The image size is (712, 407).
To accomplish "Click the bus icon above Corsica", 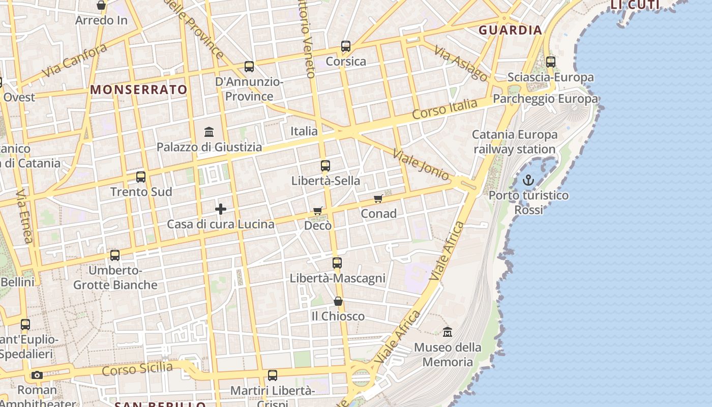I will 346,46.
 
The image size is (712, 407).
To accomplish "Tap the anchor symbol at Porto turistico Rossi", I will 528,180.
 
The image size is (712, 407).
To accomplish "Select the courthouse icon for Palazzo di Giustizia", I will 209,132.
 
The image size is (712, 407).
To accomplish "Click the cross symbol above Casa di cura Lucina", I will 221,209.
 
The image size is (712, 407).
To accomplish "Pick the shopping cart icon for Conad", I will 378,199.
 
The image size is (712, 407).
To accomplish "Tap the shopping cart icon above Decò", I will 318,211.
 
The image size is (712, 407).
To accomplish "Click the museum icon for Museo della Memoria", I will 448,332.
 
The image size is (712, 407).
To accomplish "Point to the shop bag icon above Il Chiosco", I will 338,302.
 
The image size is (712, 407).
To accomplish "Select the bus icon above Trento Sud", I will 141,177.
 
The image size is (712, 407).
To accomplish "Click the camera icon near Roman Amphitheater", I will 37,375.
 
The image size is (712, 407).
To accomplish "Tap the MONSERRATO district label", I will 139,90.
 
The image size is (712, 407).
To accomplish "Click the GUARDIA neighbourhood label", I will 510,30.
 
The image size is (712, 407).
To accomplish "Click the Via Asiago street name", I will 461,64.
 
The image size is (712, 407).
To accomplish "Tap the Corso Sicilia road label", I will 137,369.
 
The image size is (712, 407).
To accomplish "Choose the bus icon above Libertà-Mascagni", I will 337,263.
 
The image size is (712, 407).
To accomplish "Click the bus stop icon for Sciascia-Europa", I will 551,62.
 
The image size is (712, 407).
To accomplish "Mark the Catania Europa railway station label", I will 515,142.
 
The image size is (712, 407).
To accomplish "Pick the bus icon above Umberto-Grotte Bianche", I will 115,255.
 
